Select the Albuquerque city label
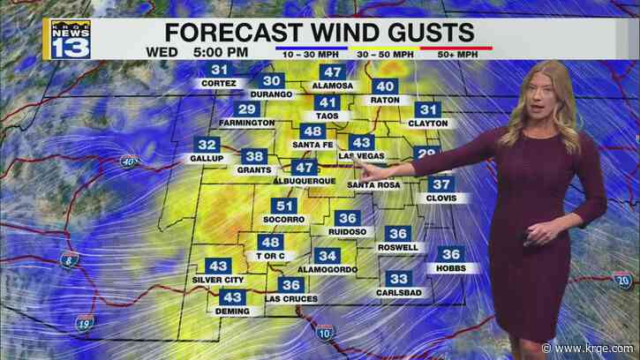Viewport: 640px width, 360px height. coord(306,180)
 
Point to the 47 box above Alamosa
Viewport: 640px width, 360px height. coord(332,72)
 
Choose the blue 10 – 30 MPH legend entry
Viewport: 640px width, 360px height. coord(310,53)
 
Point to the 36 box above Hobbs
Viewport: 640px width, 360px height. coord(451,254)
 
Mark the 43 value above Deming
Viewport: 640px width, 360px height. coord(233,297)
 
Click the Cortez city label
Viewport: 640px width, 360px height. coord(219,84)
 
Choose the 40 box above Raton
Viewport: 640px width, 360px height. coord(385,86)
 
